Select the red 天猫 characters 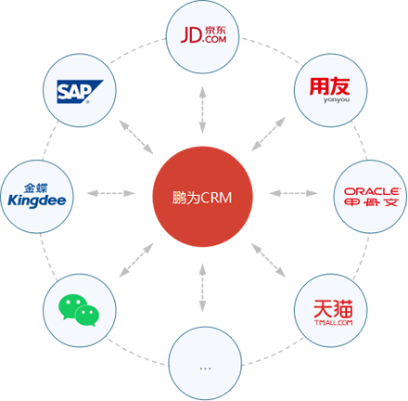pos(331,305)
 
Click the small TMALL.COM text pos(331,323)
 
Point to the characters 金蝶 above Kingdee pos(34,186)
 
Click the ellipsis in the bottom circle pos(204,368)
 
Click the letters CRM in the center pos(216,198)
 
